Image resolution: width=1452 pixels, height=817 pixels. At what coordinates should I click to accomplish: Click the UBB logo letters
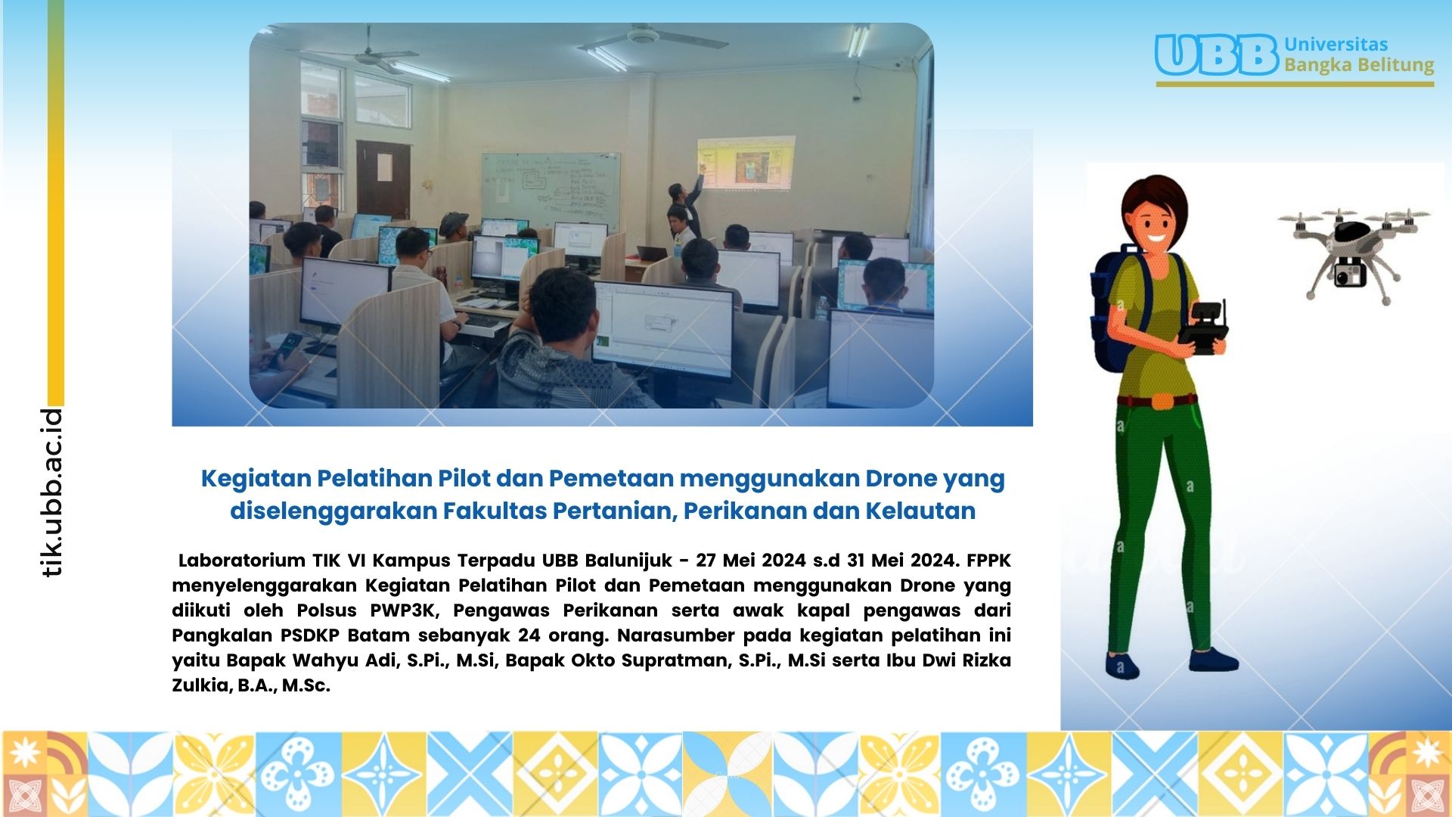point(1217,54)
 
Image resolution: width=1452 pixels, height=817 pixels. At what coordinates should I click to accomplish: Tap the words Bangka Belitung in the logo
point(1359,65)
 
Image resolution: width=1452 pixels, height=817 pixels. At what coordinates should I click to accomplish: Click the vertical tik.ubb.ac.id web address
point(52,492)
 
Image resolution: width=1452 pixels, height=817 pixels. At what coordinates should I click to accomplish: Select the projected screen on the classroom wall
point(745,163)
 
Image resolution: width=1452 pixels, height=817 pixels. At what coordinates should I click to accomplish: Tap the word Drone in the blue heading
point(901,479)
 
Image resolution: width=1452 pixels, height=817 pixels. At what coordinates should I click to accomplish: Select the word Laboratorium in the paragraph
point(242,561)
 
